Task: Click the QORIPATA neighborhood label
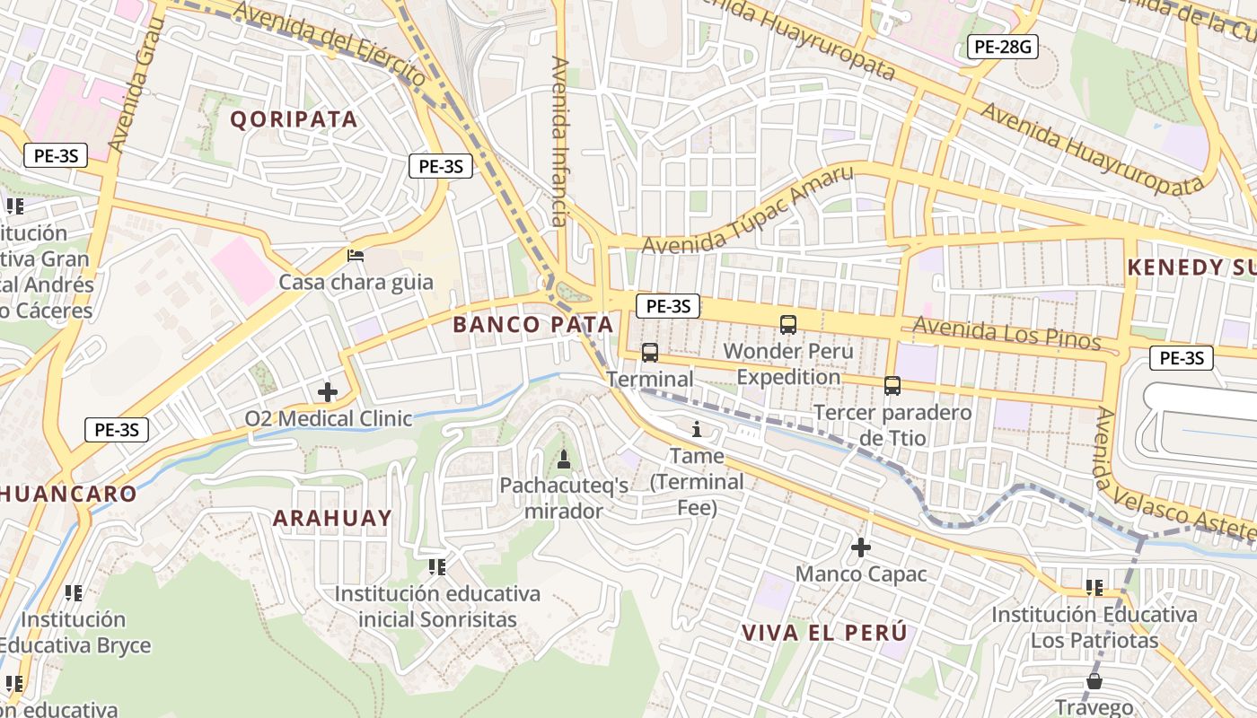click(294, 119)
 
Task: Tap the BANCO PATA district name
click(533, 325)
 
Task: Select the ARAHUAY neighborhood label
click(332, 518)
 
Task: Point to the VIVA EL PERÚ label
click(823, 633)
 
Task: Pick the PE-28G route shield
click(1002, 48)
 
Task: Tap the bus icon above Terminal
click(650, 353)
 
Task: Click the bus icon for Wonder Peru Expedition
click(788, 325)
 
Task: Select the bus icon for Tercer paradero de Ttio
click(892, 386)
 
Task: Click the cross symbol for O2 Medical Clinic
click(328, 392)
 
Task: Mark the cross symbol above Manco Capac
click(861, 547)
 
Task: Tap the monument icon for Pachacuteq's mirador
click(564, 460)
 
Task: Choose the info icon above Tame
click(697, 430)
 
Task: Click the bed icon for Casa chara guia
click(356, 256)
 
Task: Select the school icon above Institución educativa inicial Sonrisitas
click(437, 567)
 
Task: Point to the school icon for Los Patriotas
click(1094, 588)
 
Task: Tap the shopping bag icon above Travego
click(1094, 680)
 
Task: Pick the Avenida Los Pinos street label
click(1006, 333)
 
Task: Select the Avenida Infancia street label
click(560, 141)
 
